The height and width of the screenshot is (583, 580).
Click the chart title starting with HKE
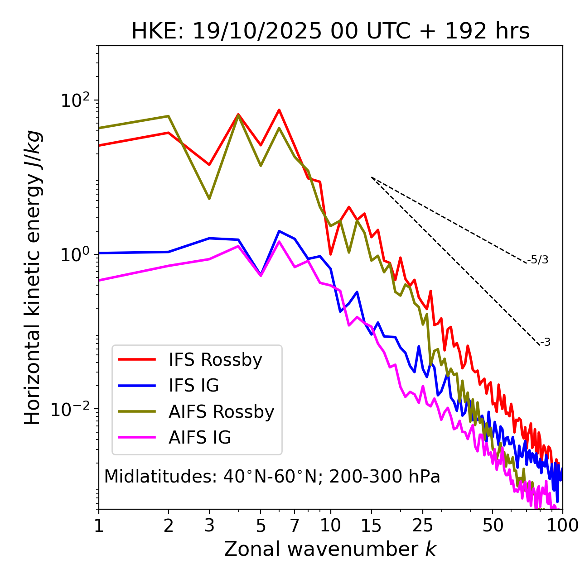click(x=330, y=32)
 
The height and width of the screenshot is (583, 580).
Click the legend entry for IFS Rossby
click(x=215, y=360)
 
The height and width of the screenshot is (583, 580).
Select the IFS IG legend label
click(x=193, y=386)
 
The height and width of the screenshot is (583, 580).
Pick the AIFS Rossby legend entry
click(x=221, y=412)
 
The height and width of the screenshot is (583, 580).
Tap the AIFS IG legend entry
click(x=200, y=438)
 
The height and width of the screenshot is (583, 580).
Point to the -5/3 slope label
click(x=538, y=260)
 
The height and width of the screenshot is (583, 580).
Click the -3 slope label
click(x=545, y=342)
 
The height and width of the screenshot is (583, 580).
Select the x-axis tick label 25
click(x=423, y=526)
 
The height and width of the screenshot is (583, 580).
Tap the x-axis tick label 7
click(x=295, y=526)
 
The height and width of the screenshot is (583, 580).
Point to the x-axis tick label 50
click(x=493, y=526)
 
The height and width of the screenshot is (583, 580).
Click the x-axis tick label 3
click(x=209, y=526)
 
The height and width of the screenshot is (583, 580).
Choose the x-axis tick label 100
click(x=562, y=526)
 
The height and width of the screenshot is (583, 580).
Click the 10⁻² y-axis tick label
click(x=71, y=409)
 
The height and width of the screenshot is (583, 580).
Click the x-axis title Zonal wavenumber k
click(x=330, y=549)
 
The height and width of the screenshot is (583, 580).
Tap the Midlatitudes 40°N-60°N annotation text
click(x=272, y=477)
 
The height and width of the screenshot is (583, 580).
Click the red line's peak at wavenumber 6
click(x=279, y=110)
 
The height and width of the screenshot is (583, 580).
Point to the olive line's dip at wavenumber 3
click(x=209, y=199)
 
